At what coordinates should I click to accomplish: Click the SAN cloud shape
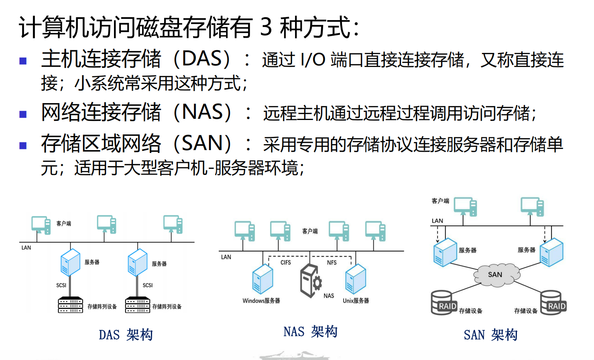click(497, 275)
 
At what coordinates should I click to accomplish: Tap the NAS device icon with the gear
click(311, 281)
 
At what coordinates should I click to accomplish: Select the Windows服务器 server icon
click(262, 279)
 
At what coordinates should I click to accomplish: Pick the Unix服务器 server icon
click(356, 279)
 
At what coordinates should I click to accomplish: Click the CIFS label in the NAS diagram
click(286, 262)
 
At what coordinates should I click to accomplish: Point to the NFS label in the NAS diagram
click(332, 262)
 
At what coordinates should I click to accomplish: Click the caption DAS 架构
click(126, 335)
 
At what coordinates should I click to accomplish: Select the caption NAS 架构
click(311, 332)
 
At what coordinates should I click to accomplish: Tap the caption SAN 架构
click(490, 335)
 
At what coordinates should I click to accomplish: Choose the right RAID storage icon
click(553, 303)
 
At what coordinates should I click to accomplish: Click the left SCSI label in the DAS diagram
click(61, 285)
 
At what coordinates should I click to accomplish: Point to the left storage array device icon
click(71, 305)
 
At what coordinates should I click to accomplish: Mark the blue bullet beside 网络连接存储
click(23, 114)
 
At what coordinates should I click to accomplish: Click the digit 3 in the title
click(266, 27)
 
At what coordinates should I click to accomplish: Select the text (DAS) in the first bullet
click(201, 59)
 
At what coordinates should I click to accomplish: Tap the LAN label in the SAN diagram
click(437, 221)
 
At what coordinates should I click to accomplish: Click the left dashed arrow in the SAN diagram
click(438, 234)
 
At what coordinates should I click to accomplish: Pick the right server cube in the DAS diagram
click(138, 262)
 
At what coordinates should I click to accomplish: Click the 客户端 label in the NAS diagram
click(310, 231)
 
